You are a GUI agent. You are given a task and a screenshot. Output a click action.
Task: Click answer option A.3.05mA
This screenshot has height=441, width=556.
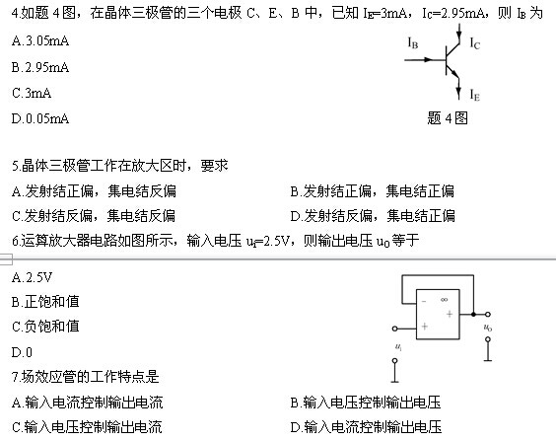40,41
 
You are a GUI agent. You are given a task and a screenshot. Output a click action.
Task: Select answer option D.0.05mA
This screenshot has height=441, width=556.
40,118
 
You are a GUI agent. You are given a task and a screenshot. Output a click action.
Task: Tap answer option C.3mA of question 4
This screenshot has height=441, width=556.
32,93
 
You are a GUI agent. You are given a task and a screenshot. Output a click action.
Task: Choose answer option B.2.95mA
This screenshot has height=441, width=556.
40,67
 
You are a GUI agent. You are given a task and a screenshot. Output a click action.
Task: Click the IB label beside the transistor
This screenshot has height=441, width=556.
413,43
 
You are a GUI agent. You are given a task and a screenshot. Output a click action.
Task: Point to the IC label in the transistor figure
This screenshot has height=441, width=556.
475,43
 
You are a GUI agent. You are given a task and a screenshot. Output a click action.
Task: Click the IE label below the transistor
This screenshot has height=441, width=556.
475,95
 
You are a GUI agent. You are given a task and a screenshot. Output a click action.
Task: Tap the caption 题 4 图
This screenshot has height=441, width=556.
448,118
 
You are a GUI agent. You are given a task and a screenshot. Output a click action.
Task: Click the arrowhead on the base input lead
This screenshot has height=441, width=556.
428,59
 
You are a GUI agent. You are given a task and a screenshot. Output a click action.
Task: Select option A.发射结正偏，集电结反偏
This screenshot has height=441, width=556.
94,191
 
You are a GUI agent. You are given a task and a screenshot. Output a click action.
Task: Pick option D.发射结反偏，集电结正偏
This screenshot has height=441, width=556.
373,216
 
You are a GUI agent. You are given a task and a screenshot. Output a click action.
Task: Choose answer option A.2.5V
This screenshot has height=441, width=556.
32,277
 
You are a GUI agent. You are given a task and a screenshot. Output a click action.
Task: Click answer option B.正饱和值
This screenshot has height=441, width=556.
45,302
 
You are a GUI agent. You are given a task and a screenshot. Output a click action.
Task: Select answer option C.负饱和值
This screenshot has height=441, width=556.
45,326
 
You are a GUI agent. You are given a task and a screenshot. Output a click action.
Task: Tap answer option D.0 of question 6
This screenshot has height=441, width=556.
22,352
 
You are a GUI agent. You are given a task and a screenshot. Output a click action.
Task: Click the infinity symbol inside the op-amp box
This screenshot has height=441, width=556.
444,300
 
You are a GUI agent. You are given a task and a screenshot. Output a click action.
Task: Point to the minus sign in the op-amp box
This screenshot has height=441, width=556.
424,302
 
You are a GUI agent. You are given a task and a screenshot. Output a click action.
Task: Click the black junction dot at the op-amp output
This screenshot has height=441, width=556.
473,315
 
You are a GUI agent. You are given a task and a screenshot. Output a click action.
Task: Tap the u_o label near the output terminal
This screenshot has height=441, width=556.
488,328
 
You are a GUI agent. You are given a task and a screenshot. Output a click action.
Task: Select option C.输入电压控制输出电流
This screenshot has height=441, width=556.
87,427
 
